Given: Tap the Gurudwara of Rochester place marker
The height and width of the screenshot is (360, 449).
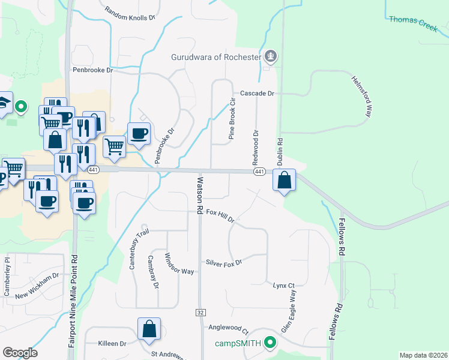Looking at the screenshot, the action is pyautogui.click(x=271, y=57).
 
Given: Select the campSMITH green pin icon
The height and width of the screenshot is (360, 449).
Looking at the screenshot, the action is pyautogui.click(x=270, y=343).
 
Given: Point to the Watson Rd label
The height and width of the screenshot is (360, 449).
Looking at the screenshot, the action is pyautogui.click(x=199, y=193).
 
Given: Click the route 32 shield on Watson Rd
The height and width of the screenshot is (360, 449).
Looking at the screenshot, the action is pyautogui.click(x=200, y=313).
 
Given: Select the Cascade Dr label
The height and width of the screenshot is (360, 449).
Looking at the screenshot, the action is pyautogui.click(x=257, y=94).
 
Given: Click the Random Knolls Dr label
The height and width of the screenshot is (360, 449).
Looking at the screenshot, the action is pyautogui.click(x=130, y=14).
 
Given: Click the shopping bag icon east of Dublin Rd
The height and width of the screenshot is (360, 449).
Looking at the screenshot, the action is pyautogui.click(x=284, y=179).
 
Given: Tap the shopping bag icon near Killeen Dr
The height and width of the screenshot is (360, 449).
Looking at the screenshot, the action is pyautogui.click(x=149, y=329).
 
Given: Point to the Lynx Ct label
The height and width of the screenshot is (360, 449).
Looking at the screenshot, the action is pyautogui.click(x=284, y=286).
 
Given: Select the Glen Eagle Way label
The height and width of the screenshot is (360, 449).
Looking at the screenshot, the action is pyautogui.click(x=289, y=312).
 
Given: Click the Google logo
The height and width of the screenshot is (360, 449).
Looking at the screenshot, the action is pyautogui.click(x=20, y=353).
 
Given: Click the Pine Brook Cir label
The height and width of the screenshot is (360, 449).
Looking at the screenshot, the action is pyautogui.click(x=231, y=119).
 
